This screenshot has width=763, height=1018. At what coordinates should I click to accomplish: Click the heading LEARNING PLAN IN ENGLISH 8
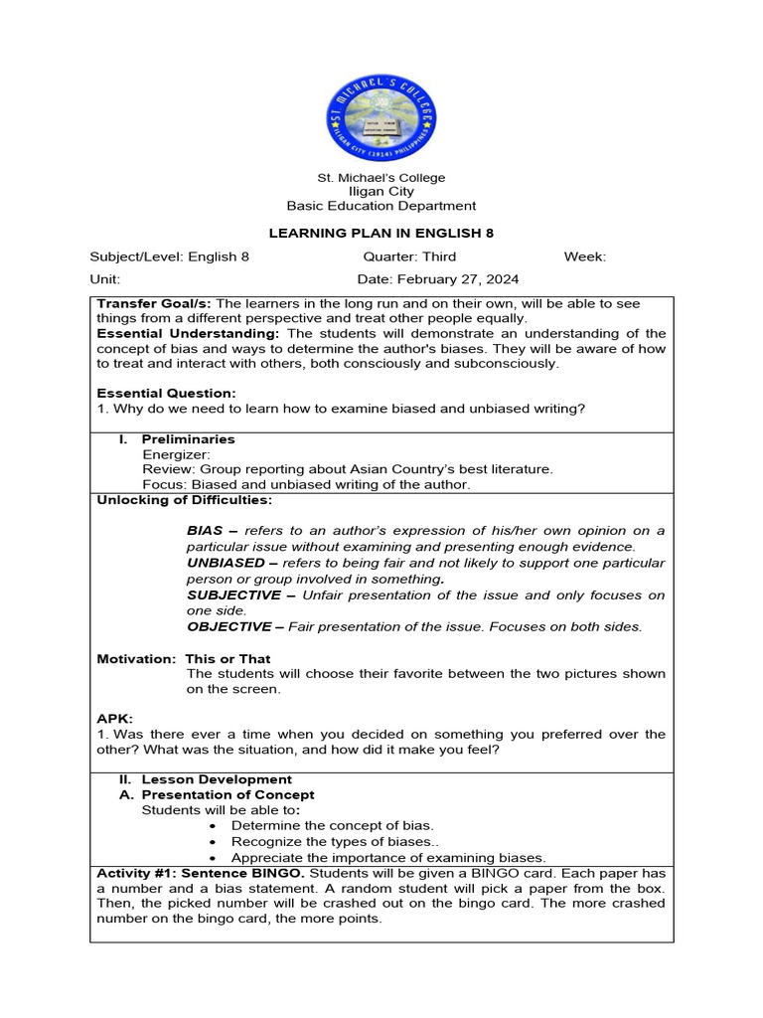point(381,234)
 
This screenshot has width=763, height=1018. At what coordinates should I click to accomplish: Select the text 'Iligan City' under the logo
point(381,192)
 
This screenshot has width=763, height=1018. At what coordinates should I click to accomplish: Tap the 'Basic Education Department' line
point(381,206)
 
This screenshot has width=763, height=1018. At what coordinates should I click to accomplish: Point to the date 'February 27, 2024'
point(459,279)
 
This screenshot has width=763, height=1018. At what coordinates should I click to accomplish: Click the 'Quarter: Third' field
point(409,256)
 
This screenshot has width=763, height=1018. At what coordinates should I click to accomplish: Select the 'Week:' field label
point(584,256)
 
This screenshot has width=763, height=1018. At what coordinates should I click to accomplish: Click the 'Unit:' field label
point(104,279)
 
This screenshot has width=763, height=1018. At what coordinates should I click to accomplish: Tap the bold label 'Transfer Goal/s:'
point(154,303)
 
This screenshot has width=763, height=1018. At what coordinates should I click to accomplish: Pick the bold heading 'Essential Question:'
point(166,394)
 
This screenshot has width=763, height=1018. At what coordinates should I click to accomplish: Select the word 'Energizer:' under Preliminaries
point(177,454)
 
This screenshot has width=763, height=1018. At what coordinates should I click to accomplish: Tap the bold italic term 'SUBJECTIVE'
point(233,594)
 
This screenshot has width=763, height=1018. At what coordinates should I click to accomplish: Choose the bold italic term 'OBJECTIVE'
point(229,626)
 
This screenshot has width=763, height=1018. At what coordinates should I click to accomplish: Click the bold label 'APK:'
point(114,718)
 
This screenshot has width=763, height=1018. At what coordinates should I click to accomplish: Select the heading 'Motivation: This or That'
point(184,658)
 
